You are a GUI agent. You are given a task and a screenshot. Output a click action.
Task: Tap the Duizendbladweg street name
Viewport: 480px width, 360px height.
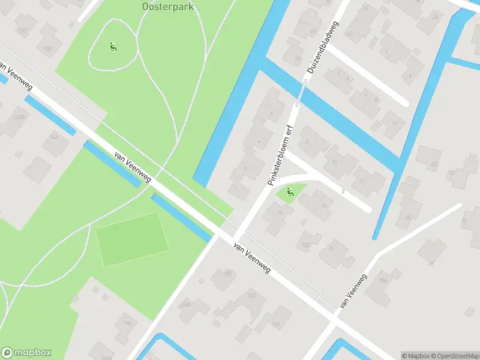pos(323,47)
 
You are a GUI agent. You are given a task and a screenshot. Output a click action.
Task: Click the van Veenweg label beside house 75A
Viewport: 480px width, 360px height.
pos(352,292)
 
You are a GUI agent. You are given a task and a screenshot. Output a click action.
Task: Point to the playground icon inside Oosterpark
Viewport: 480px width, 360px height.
pos(112,46)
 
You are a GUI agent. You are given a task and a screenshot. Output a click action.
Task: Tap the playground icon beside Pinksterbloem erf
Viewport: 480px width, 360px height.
pos(290,192)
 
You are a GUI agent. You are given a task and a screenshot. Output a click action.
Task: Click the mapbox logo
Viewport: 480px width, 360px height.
pos(26,353)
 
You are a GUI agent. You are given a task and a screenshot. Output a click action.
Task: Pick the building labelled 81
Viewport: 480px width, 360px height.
pos(451,174)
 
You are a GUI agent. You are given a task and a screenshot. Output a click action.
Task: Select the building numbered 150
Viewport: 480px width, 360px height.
pos(227,275)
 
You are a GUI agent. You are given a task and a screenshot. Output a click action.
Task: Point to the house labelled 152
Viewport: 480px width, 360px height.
pos(252,296)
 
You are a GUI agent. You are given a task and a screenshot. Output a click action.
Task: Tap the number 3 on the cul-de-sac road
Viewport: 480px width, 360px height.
pos(343,191)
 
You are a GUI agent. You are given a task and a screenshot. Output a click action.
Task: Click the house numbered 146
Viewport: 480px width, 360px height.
pos(127,323)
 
